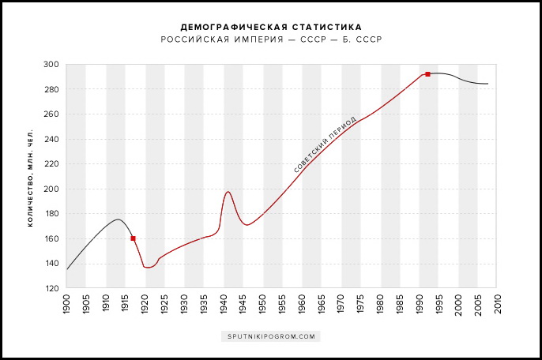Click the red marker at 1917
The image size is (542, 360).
(133, 238)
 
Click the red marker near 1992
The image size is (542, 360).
(427, 74)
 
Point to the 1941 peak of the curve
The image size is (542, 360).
(228, 192)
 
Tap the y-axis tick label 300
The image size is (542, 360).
(51, 65)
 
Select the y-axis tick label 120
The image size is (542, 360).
(51, 289)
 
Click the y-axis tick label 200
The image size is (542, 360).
(51, 189)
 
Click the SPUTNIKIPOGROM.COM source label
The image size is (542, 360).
(271, 336)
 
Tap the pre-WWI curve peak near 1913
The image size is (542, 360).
(118, 219)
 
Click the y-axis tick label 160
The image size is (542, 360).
(51, 239)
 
